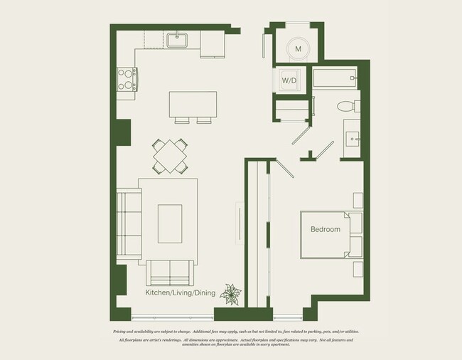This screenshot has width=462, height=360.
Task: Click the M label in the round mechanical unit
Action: (299, 48)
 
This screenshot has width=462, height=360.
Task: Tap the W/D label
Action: (289, 81)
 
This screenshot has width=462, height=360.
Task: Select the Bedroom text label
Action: (325, 229)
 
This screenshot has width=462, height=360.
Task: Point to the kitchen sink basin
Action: (177, 41)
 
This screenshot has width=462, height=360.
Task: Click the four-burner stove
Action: (126, 79)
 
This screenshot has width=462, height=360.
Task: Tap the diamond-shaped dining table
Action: (171, 156)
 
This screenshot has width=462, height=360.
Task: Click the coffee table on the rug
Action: (169, 224)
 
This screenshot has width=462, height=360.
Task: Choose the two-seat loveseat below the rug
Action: (170, 272)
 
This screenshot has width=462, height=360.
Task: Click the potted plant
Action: (231, 293)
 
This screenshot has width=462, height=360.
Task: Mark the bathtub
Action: (333, 78)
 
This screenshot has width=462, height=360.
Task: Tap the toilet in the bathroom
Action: (347, 107)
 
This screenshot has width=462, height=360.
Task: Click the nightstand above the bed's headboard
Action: (357, 200)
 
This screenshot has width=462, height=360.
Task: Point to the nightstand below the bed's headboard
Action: (357, 270)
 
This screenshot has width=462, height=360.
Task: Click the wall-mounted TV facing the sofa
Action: (240, 223)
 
